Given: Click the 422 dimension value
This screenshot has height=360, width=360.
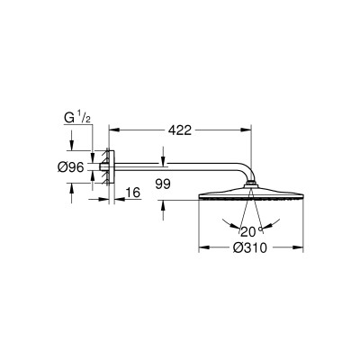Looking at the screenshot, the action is pos(179,130).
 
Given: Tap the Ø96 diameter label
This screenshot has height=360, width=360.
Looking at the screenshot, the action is pos(71,168).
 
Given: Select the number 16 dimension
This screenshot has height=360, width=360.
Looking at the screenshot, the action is pos(133,193).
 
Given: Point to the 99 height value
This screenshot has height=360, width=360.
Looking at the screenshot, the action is pos(163,184).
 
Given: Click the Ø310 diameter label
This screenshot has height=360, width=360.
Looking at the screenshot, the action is pos(250,247).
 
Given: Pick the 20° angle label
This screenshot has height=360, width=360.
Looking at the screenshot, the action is pos(251,231).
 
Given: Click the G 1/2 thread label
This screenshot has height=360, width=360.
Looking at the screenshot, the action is pos(77,119).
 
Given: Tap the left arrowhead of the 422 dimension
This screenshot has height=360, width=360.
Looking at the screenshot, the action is pos(114,130).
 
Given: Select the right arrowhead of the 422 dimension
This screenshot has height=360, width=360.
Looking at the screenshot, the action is pos(246,130).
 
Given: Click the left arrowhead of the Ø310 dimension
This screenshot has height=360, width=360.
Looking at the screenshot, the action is pos(204,247).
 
